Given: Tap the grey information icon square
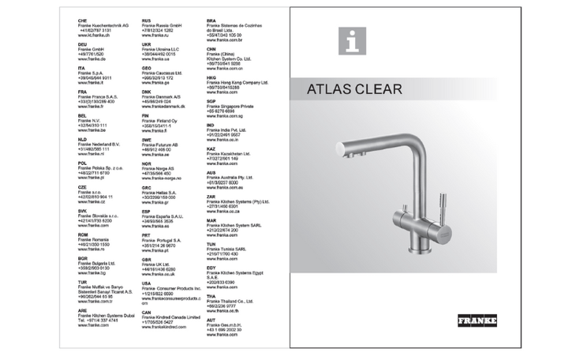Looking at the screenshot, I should click(x=352, y=41).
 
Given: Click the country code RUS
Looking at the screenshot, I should click(x=147, y=21).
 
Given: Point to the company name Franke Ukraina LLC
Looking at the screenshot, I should click(x=161, y=49).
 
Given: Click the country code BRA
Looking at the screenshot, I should click(x=211, y=21).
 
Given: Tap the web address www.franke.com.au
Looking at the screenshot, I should click(x=223, y=187).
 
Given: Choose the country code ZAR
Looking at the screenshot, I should click(x=211, y=197).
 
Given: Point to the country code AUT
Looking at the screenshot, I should click(x=211, y=320).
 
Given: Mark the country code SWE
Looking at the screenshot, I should click(x=147, y=140).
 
